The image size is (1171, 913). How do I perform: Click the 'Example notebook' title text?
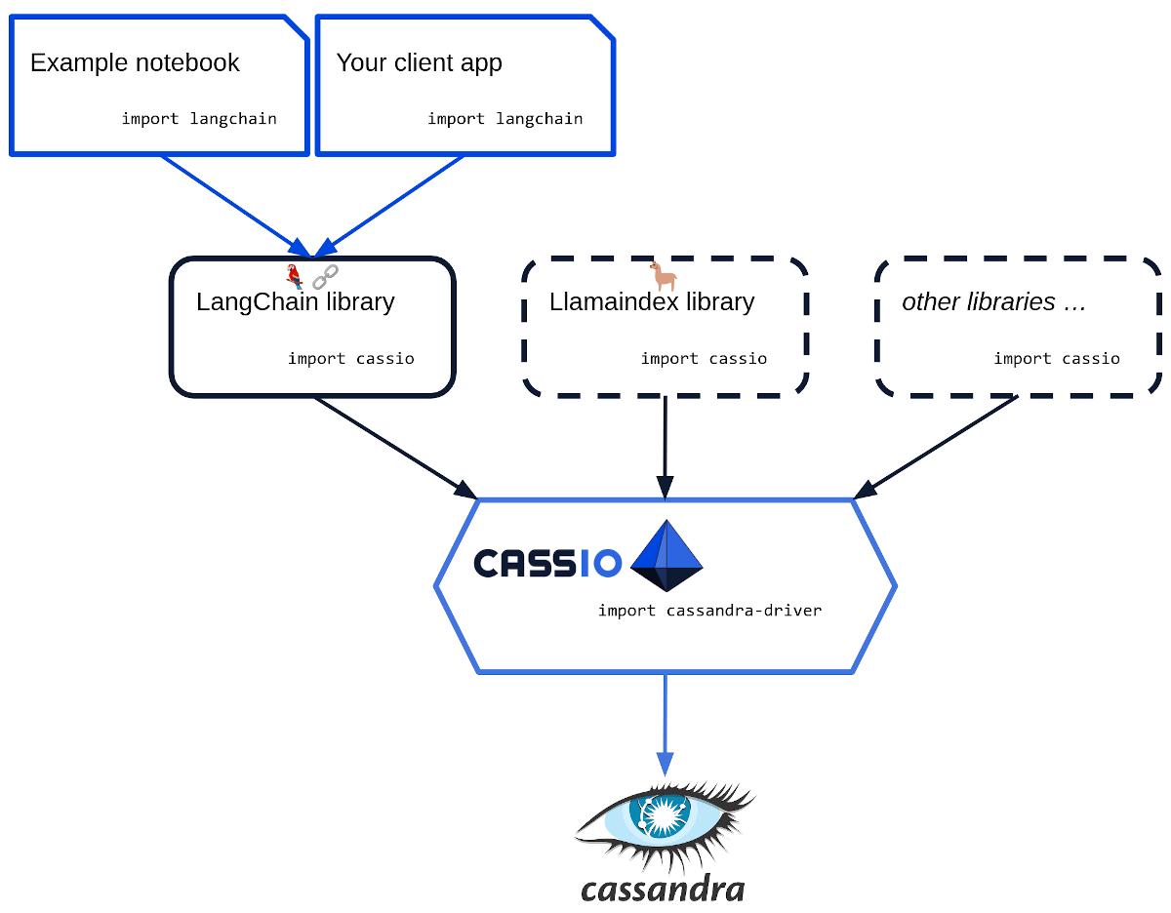[x=135, y=63]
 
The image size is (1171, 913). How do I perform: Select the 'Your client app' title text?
[x=419, y=63]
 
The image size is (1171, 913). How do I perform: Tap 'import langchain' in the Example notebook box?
[x=199, y=119]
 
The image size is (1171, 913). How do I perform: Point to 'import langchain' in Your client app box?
[x=505, y=119]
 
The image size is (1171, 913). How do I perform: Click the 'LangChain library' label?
[x=295, y=302]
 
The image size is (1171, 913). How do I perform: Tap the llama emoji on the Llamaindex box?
[x=665, y=276]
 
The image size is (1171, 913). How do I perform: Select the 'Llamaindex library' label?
[x=652, y=302]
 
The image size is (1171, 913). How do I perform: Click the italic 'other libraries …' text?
[x=993, y=302]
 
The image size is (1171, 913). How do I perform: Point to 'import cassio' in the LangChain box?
[x=350, y=359]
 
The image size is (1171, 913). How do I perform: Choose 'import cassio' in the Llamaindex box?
[x=704, y=359]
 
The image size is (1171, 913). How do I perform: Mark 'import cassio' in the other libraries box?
[x=1057, y=359]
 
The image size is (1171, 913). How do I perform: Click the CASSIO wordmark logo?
[x=547, y=564]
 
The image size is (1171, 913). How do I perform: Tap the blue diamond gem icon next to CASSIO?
[x=666, y=556]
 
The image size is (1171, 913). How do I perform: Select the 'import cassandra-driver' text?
[x=709, y=611]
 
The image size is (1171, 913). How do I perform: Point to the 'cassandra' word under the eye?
[x=663, y=889]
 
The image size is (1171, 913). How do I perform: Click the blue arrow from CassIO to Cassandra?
[x=666, y=722]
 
